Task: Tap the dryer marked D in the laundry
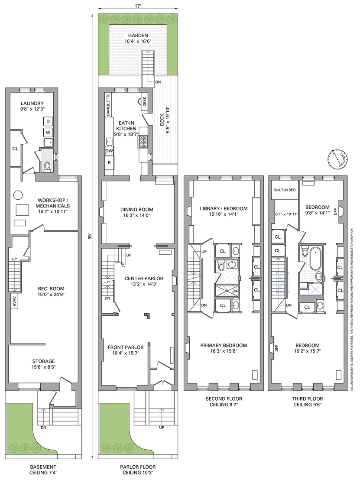(48, 122)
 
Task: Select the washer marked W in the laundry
(48, 133)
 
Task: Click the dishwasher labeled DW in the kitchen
(109, 151)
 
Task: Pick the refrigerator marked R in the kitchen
(109, 163)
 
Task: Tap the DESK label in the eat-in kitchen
(145, 101)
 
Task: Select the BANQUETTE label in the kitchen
(108, 105)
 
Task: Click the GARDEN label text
(138, 36)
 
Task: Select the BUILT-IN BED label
(285, 190)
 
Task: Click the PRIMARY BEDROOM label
(224, 345)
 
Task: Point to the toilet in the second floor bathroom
(221, 266)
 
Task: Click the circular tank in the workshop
(18, 195)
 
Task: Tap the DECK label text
(162, 120)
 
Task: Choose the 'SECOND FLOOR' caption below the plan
(224, 399)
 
